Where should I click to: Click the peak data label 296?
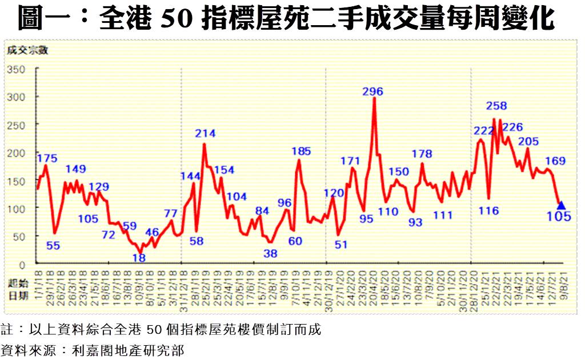coord(373,91)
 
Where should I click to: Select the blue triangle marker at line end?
coord(561,205)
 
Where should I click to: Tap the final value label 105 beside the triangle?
coord(559,216)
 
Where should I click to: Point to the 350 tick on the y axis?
coord(16,70)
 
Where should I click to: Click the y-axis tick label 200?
coord(16,153)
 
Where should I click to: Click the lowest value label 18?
coord(139,257)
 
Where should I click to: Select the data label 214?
coord(205,134)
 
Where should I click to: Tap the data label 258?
coord(496,105)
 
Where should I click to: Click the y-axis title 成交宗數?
coord(27,50)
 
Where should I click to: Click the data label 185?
coord(301,151)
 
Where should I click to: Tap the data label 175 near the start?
coord(46,158)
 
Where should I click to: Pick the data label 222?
coord(483,131)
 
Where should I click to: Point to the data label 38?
coord(270,254)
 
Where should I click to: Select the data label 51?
coord(341,245)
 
